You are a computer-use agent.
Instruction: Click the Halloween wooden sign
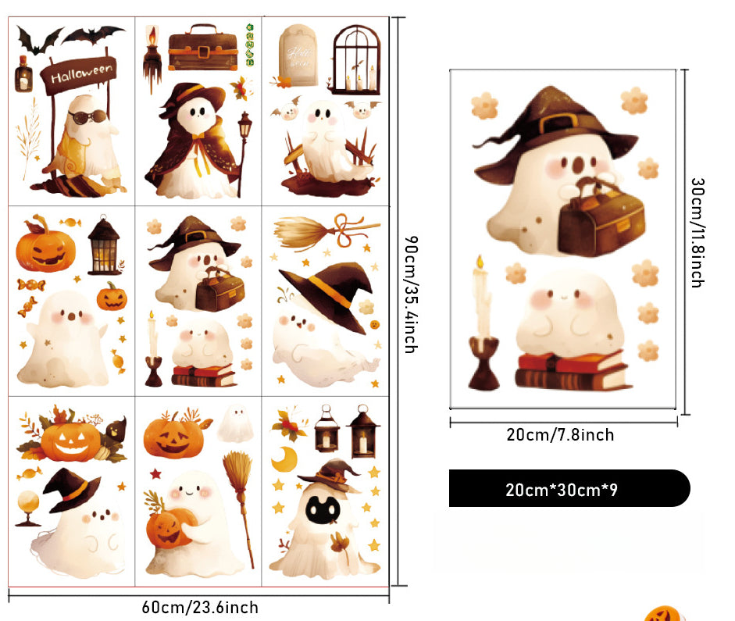pyautogui.click(x=80, y=74)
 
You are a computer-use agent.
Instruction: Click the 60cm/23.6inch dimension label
pyautogui.click(x=199, y=607)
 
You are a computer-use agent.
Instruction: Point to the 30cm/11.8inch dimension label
pyautogui.click(x=698, y=232)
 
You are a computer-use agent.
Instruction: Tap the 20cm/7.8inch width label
pyautogui.click(x=560, y=435)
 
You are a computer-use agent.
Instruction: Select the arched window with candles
pyautogui.click(x=356, y=59)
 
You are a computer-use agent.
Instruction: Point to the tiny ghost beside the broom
pyautogui.click(x=232, y=424)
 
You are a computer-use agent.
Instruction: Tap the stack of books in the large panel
pyautogui.click(x=572, y=370)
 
